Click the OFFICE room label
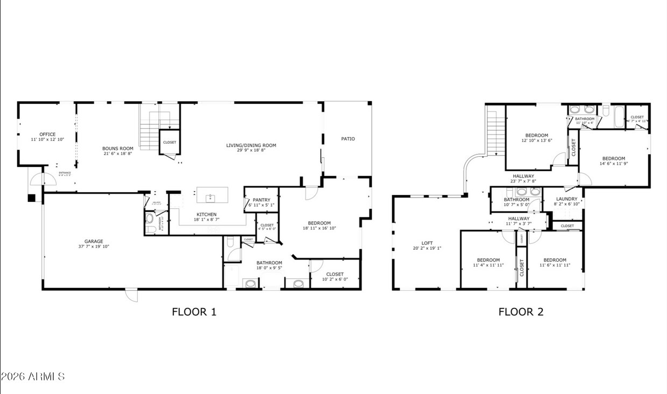point(47,135)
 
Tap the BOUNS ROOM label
point(118,149)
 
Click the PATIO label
point(347,139)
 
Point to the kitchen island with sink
point(212,195)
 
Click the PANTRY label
point(261,200)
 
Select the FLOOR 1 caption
point(194,311)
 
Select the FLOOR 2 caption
point(520,312)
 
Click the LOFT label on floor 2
point(428,243)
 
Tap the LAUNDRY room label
point(566,199)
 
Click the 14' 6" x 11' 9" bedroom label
point(613,158)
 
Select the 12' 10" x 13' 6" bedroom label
point(536,135)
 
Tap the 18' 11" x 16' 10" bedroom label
point(319,223)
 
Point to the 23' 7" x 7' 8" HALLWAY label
point(523,176)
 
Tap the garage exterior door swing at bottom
point(131,295)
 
